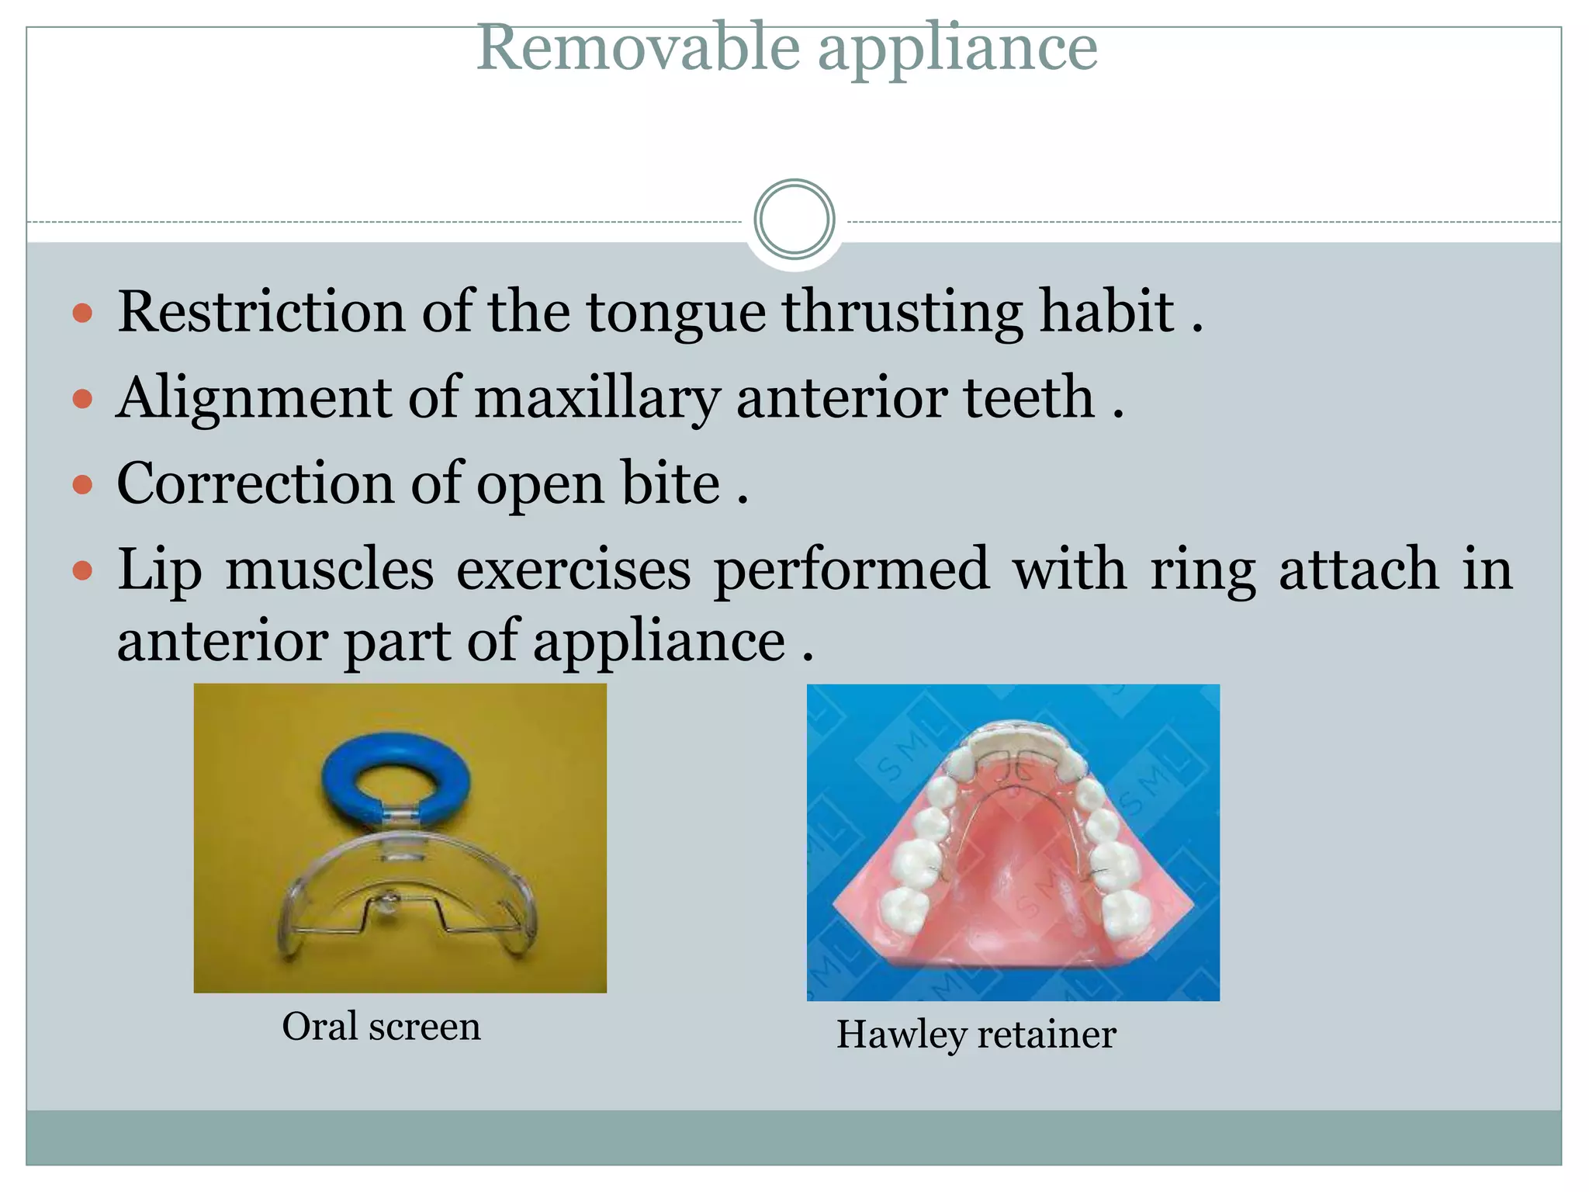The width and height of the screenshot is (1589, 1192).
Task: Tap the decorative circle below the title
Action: [x=794, y=220]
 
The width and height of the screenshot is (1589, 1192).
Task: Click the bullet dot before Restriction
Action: [x=82, y=314]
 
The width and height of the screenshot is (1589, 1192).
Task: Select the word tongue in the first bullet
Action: [x=676, y=314]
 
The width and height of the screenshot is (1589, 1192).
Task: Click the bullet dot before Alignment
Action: [x=82, y=400]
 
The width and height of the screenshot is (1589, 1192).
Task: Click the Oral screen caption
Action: [x=381, y=1027]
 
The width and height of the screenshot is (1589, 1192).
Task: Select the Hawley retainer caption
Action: [x=976, y=1034]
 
